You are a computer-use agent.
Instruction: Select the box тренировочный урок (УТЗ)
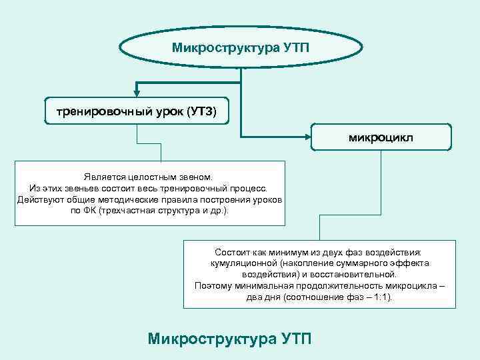pyautogui.click(x=137, y=111)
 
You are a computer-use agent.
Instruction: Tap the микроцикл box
pyautogui.click(x=381, y=137)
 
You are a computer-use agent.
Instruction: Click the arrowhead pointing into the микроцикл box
pyautogui.click(x=307, y=138)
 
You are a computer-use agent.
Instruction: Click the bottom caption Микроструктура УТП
pyautogui.click(x=229, y=338)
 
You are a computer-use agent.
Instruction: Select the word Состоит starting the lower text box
pyautogui.click(x=233, y=253)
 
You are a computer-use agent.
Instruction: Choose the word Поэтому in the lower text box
pyautogui.click(x=213, y=285)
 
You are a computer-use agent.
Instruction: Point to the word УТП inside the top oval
pyautogui.click(x=293, y=48)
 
